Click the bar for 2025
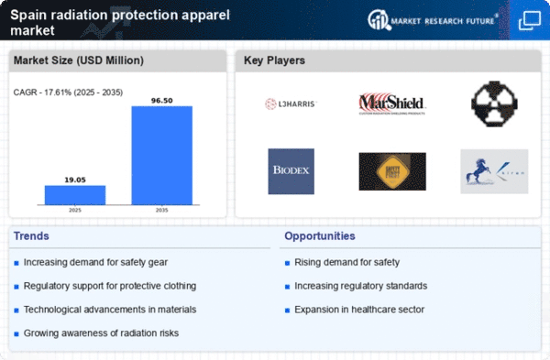click(75, 194)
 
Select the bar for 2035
click(162, 155)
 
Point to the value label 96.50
click(162, 99)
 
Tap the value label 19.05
click(75, 180)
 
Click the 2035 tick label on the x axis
click(162, 210)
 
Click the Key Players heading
click(275, 61)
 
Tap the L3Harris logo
click(291, 104)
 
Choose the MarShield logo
click(391, 103)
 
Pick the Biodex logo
click(291, 171)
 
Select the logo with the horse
click(493, 171)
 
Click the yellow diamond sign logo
click(391, 171)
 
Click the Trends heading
click(33, 236)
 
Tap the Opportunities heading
click(319, 236)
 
